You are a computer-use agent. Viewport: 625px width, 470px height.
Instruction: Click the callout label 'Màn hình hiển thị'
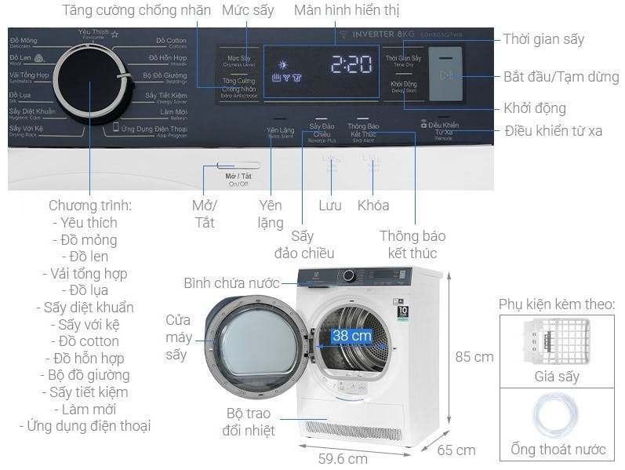pos(346,11)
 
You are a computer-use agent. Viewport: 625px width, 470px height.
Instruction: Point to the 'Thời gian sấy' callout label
pos(543,39)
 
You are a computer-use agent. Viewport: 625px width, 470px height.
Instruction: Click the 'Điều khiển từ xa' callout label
pos(554,130)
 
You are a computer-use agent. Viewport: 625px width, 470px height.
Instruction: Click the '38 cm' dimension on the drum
pos(351,336)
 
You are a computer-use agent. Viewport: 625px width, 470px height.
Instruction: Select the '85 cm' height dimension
pos(474,356)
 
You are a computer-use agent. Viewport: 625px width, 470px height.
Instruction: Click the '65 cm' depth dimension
pos(456,450)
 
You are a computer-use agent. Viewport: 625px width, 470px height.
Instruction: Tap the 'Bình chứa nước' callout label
pos(231,282)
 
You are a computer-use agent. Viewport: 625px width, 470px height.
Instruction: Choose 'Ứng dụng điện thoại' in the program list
pos(85,426)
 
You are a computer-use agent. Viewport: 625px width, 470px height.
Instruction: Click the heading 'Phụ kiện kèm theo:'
pos(557,304)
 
